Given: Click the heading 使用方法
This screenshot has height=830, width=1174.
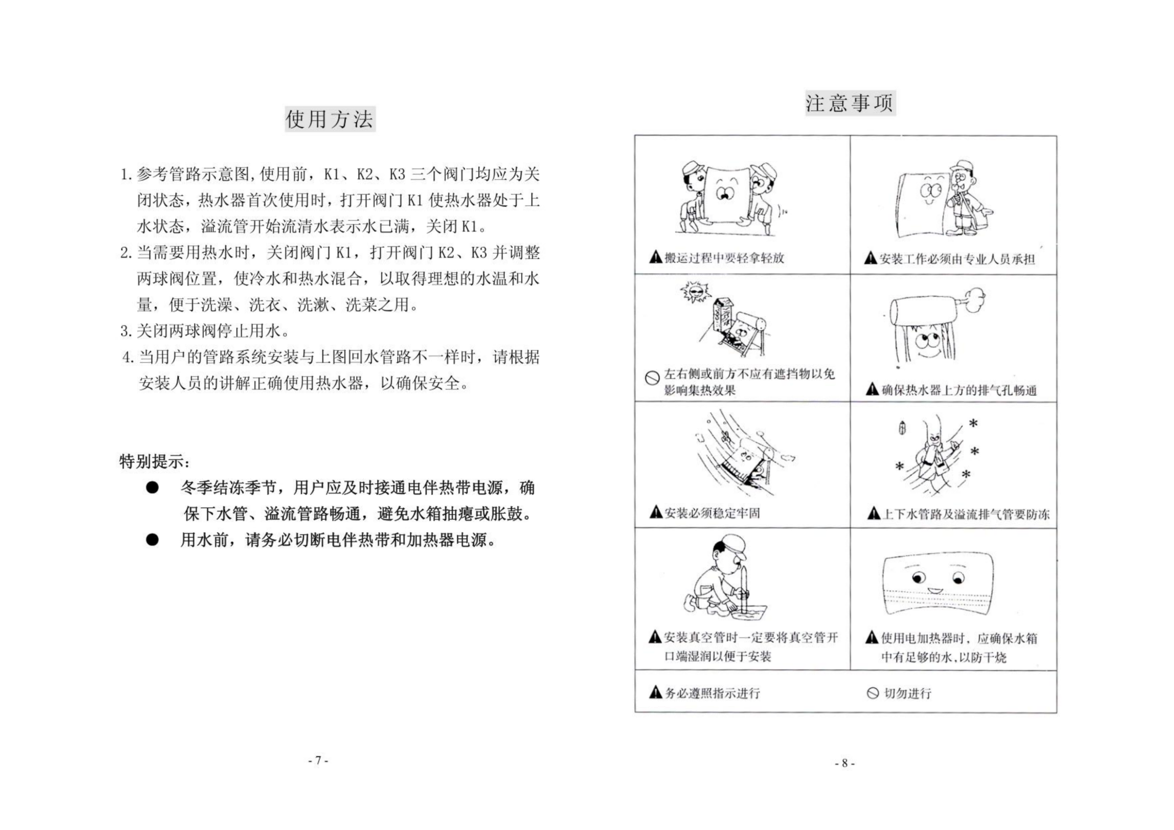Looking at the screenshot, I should [330, 119].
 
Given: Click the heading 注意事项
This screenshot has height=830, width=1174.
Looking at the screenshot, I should [850, 103].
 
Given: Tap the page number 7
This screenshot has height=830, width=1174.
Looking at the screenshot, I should [318, 760].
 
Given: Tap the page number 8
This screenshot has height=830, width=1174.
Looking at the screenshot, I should [844, 763].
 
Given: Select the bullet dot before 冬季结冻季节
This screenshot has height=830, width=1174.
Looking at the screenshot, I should [152, 488].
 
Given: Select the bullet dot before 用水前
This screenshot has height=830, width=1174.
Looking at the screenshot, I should [152, 540].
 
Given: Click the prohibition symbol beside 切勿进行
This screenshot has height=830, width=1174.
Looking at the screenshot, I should [872, 693].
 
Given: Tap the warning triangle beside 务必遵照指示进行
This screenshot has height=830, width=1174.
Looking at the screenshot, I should [656, 693].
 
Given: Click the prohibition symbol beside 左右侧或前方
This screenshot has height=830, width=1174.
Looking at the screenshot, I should [652, 378].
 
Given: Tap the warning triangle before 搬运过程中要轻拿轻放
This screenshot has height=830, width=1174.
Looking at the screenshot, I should [656, 257].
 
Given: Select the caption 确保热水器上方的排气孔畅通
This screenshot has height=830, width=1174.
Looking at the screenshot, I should [958, 390].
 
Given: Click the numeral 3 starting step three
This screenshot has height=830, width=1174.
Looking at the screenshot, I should [125, 331].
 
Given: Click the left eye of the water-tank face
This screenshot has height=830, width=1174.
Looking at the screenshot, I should [919, 578].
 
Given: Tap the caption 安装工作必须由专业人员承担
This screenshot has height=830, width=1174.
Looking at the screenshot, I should [957, 259].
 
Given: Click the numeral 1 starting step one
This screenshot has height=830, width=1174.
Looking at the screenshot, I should [125, 175].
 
